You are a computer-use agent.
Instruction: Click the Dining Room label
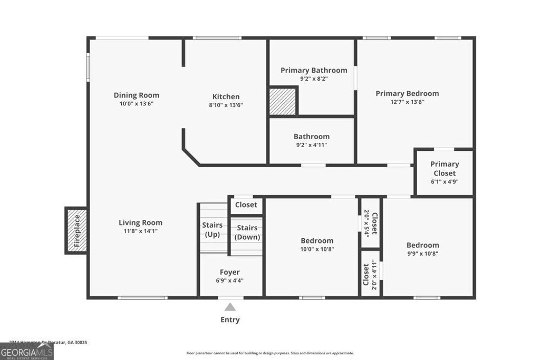pyautogui.click(x=136, y=95)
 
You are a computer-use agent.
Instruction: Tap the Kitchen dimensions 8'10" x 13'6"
pyautogui.click(x=226, y=105)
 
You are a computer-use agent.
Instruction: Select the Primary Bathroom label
pyautogui.click(x=314, y=70)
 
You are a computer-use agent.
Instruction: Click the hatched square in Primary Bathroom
pyautogui.click(x=283, y=101)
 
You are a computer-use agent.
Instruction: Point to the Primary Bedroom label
pyautogui.click(x=407, y=93)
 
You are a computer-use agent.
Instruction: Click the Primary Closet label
pyautogui.click(x=444, y=168)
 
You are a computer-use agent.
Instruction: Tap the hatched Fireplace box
pyautogui.click(x=76, y=230)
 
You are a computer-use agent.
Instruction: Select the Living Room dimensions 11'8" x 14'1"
pyautogui.click(x=140, y=231)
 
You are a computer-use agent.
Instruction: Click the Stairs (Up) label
pyautogui.click(x=212, y=230)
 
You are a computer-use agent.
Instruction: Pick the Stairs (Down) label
pyautogui.click(x=247, y=232)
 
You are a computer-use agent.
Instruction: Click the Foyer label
pyautogui.click(x=229, y=272)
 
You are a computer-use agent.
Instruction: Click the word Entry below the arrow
pyautogui.click(x=230, y=319)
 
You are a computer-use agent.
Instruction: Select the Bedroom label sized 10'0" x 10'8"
pyautogui.click(x=317, y=241)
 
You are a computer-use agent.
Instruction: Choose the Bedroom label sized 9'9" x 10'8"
pyautogui.click(x=422, y=245)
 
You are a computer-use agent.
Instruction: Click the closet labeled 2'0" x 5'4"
pyautogui.click(x=371, y=223)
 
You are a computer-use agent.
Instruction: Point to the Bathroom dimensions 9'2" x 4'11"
pyautogui.click(x=311, y=145)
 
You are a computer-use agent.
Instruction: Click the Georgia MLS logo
pyautogui.click(x=27, y=352)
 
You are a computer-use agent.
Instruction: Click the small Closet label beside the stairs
pyautogui.click(x=246, y=205)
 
